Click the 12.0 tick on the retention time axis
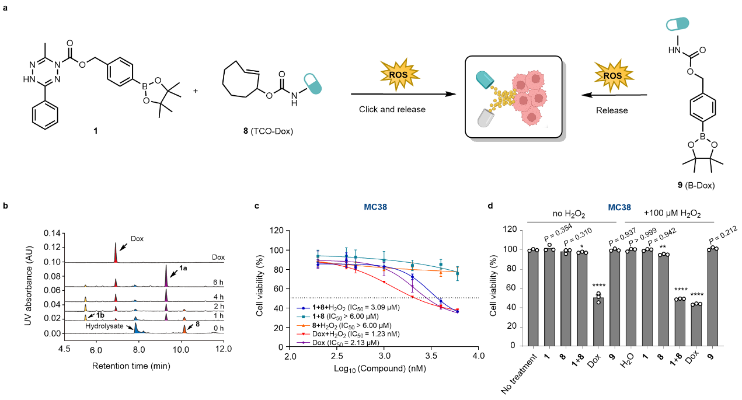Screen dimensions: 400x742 click(x=224, y=349)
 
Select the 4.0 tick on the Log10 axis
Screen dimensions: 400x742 click(x=478, y=355)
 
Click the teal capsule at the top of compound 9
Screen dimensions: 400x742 click(x=677, y=24)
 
